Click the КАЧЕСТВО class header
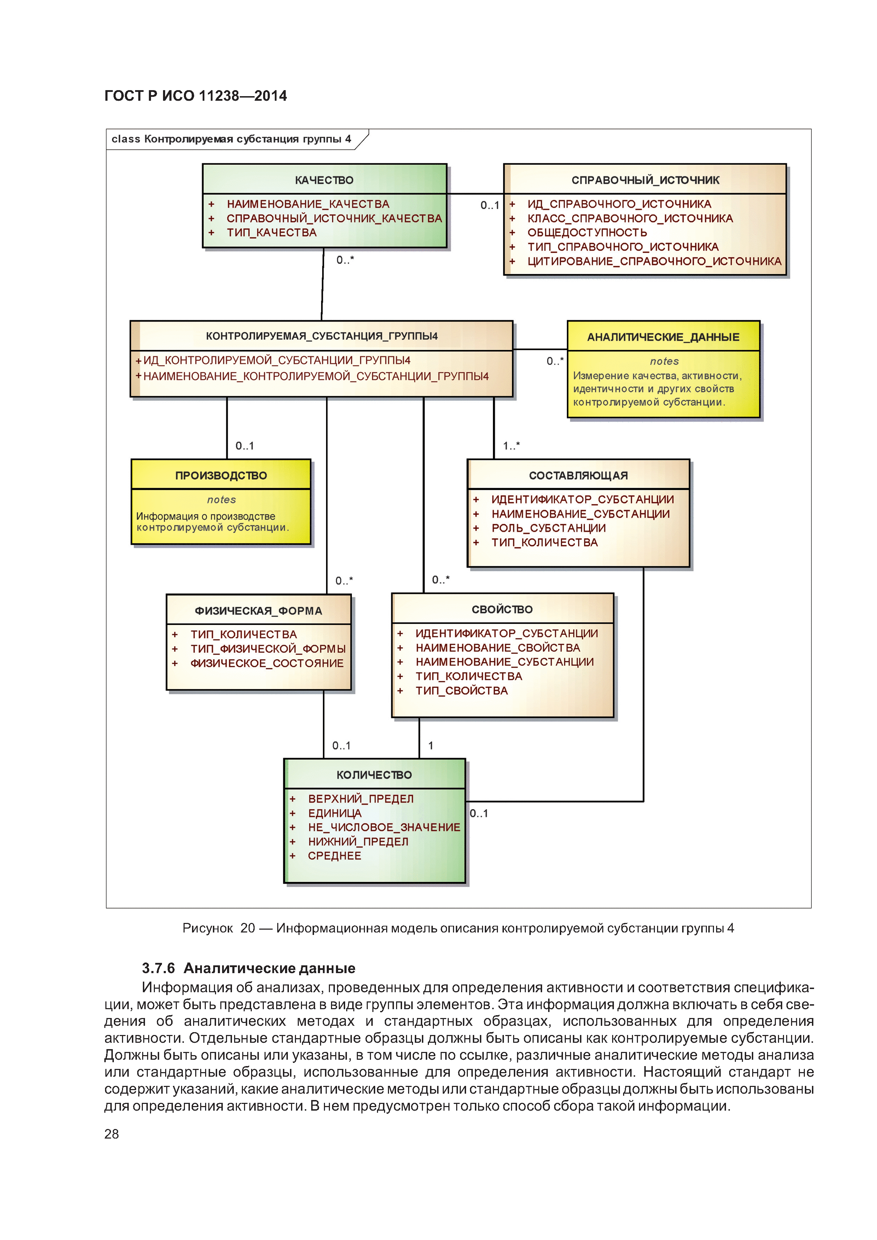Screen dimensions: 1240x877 tap(324, 180)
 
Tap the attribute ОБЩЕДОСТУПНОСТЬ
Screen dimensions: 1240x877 tap(587, 233)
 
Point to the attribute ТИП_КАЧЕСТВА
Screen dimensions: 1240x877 tap(271, 233)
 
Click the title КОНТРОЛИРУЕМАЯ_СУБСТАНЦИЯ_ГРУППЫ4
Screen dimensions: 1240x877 tap(321, 336)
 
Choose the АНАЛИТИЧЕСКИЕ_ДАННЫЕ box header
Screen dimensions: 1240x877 tap(663, 337)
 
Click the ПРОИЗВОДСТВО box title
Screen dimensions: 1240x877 tap(221, 475)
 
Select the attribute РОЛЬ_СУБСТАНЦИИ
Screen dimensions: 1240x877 tap(548, 528)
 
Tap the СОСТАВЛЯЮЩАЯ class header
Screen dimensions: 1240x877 tap(578, 475)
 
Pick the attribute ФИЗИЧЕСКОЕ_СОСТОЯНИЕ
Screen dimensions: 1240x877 tap(267, 663)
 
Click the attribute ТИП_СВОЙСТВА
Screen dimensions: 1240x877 tap(461, 691)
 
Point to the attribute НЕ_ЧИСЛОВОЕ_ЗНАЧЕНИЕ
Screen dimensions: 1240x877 tap(384, 827)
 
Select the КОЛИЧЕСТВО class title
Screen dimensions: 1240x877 tap(374, 775)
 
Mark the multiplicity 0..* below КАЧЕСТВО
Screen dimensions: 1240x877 tap(345, 260)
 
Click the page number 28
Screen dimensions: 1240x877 tap(111, 1134)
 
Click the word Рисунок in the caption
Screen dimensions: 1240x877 tap(208, 928)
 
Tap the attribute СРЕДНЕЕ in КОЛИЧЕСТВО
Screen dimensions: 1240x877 tap(335, 856)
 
